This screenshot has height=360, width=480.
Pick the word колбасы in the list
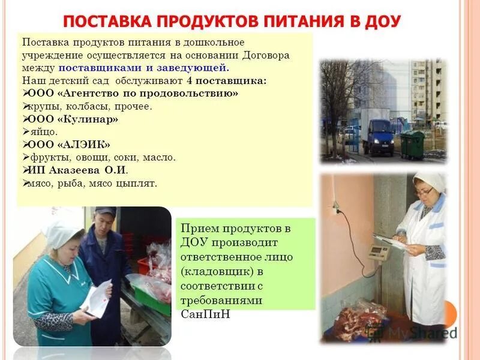click(x=77, y=106)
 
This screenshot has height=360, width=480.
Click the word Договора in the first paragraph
click(x=268, y=55)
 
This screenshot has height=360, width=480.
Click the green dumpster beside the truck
click(x=413, y=144)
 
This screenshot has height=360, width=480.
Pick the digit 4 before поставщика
click(x=189, y=80)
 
